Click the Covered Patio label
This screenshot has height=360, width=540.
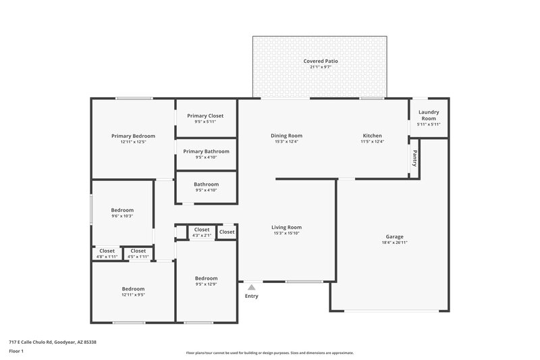click(x=321, y=61)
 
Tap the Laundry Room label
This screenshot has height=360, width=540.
click(x=429, y=115)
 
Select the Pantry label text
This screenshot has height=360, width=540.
click(x=414, y=158)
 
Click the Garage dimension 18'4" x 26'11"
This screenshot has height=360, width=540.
click(x=395, y=242)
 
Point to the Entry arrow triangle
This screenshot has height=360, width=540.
click(x=251, y=287)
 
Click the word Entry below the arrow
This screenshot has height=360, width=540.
click(x=251, y=296)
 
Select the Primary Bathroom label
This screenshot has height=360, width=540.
click(x=206, y=151)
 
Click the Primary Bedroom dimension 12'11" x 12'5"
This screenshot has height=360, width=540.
click(x=133, y=142)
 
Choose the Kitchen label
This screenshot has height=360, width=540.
click(x=373, y=136)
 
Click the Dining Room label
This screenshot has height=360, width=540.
click(x=286, y=136)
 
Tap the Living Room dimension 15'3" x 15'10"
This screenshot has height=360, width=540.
click(x=286, y=234)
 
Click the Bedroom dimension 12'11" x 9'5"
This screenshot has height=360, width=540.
click(x=133, y=294)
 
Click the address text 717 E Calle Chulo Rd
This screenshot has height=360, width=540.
click(x=53, y=342)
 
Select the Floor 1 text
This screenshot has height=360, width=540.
click(x=17, y=352)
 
